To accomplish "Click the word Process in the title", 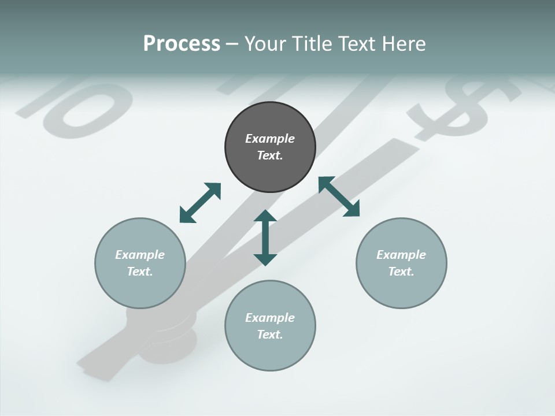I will (182, 43).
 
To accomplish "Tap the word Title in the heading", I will (313, 43).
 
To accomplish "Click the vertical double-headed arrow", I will (265, 238).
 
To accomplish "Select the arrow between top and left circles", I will (200, 203).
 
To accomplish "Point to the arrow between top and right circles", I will (339, 196).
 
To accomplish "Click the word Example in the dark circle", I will (270, 139).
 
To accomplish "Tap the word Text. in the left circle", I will (140, 272).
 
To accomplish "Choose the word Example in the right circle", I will (401, 255).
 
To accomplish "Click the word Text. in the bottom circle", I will (270, 335).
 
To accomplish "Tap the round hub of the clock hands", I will (168, 335).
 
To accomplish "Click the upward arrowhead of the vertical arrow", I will (265, 217).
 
